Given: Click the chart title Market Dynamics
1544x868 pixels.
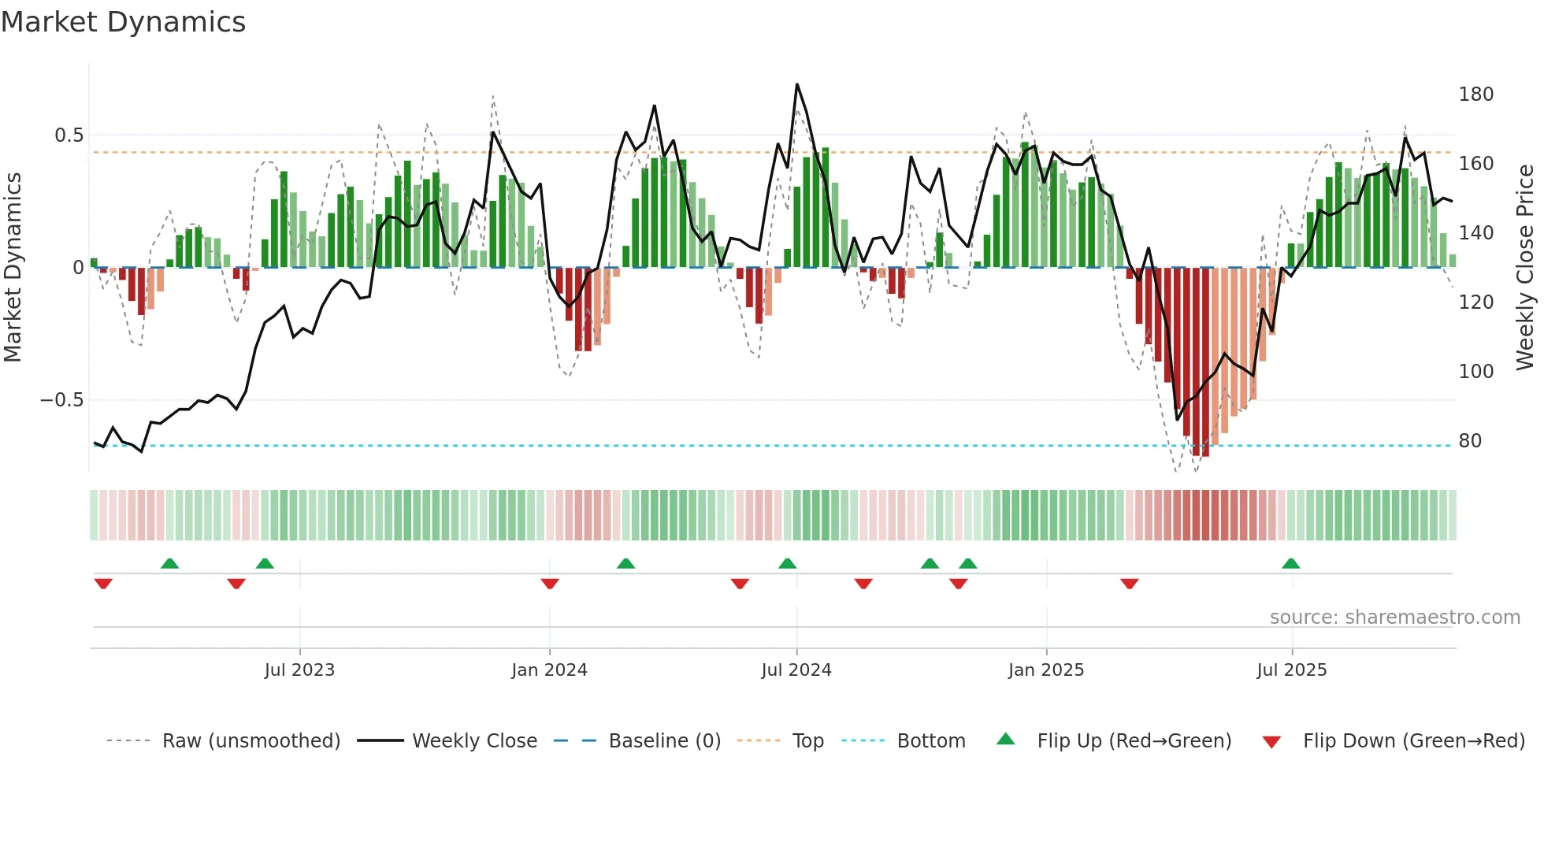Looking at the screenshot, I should pyautogui.click(x=124, y=22).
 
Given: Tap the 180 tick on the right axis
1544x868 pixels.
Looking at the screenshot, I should pyautogui.click(x=1475, y=95).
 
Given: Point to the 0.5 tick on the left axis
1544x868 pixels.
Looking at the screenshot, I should pyautogui.click(x=69, y=135).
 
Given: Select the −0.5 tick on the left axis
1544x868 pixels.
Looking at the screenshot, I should pyautogui.click(x=61, y=400).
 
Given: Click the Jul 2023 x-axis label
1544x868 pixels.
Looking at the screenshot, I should pyautogui.click(x=299, y=670).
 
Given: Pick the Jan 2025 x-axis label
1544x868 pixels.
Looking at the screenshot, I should pyautogui.click(x=1045, y=670).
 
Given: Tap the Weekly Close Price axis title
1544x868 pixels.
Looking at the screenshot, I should pyautogui.click(x=1525, y=268).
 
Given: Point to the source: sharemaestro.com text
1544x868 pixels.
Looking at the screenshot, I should pyautogui.click(x=1394, y=618).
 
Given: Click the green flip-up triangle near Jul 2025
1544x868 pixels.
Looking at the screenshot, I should pyautogui.click(x=1290, y=563).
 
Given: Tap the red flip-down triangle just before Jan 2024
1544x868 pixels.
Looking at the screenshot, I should pyautogui.click(x=550, y=584).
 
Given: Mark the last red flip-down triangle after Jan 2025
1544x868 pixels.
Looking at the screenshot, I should pyautogui.click(x=1129, y=584).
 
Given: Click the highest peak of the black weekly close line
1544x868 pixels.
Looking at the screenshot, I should pyautogui.click(x=796, y=84).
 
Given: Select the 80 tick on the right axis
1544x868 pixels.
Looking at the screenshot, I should pyautogui.click(x=1470, y=441).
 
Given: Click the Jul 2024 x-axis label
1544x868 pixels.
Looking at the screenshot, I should pyautogui.click(x=796, y=670).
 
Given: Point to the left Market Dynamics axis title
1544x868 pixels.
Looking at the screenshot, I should pyautogui.click(x=13, y=268).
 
